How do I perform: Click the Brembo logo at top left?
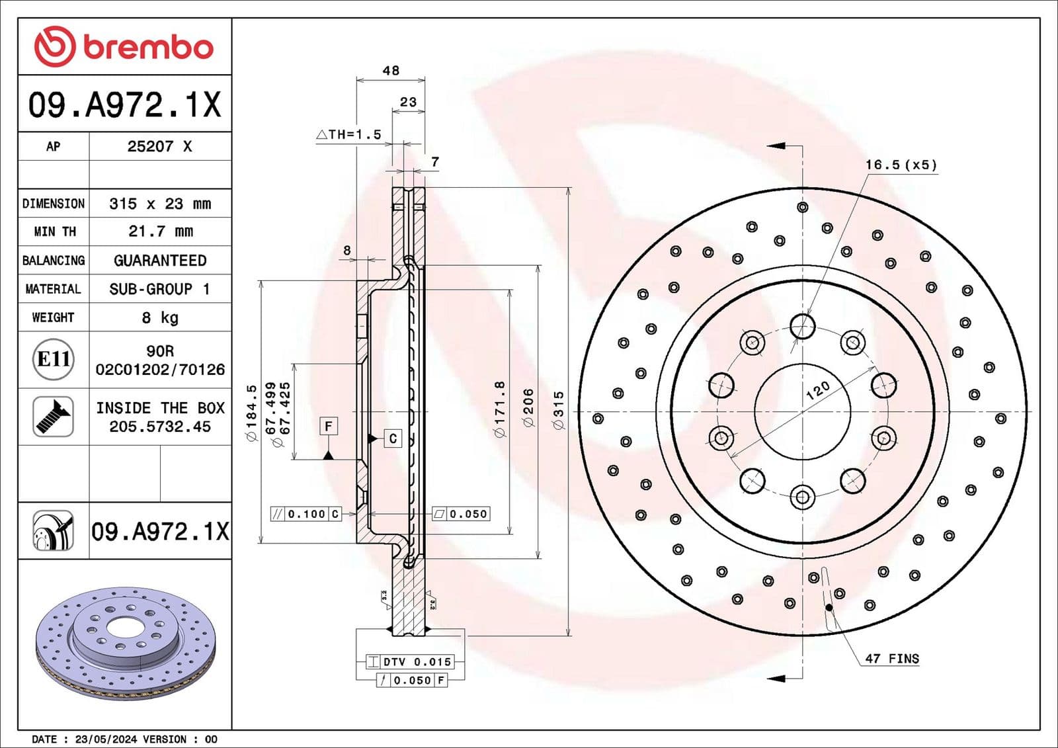pyautogui.click(x=124, y=47)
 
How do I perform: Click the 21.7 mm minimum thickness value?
pyautogui.click(x=160, y=231)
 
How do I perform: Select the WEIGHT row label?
pyautogui.click(x=53, y=317)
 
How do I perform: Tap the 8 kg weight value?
pyautogui.click(x=160, y=317)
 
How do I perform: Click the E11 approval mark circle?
pyautogui.click(x=53, y=359)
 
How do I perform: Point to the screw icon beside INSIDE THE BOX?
pyautogui.click(x=53, y=416)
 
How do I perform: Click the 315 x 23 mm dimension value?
pyautogui.click(x=160, y=204)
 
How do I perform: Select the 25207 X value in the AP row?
pyautogui.click(x=159, y=146)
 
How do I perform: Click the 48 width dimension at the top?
pyautogui.click(x=391, y=70)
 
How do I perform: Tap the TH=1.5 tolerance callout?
pyautogui.click(x=349, y=134)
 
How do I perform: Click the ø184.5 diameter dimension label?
pyautogui.click(x=251, y=413)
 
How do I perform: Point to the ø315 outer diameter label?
pyautogui.click(x=559, y=411)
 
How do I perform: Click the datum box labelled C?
pyautogui.click(x=393, y=438)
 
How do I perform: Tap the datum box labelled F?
pyautogui.click(x=329, y=426)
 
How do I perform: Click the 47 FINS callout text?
pyautogui.click(x=891, y=658)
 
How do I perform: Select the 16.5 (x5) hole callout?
pyautogui.click(x=901, y=165)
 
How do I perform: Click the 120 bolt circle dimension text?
pyautogui.click(x=817, y=390)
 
